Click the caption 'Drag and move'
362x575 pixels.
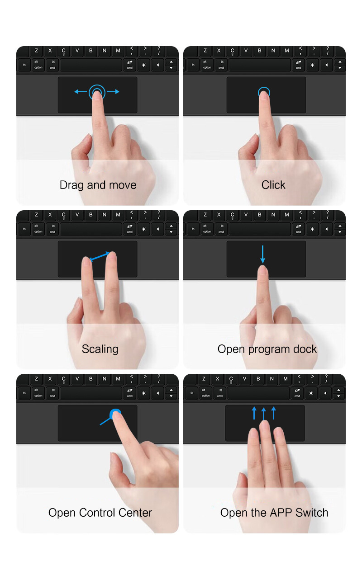click(98, 185)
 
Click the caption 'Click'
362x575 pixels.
click(273, 185)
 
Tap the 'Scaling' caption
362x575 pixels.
click(100, 349)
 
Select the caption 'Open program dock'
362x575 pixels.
click(267, 349)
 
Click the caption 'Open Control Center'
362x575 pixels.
click(100, 513)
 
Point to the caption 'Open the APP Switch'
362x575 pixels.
click(274, 513)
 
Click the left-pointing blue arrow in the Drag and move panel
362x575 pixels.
click(81, 92)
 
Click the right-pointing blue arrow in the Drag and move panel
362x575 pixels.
click(114, 92)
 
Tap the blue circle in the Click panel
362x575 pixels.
click(264, 93)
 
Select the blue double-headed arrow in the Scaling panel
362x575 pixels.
click(100, 256)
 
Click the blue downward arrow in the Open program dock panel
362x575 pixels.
click(263, 255)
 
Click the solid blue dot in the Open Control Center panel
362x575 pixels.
click(115, 412)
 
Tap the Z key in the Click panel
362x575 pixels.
click(205, 51)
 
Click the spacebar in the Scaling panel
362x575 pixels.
click(91, 229)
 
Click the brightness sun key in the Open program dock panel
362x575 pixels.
click(312, 229)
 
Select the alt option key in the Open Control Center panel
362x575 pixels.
click(38, 393)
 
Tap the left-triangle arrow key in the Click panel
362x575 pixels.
click(326, 65)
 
